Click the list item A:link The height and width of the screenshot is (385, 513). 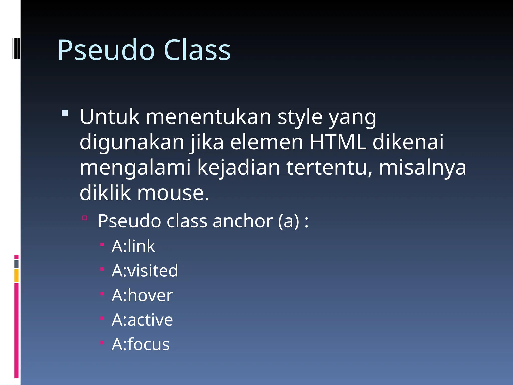tap(133, 246)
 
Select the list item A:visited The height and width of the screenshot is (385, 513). tap(145, 271)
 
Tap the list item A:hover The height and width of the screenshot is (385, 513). tap(142, 295)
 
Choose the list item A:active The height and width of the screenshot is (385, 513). tap(142, 320)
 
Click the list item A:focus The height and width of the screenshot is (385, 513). tap(141, 344)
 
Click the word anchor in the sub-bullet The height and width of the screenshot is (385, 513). tap(242, 221)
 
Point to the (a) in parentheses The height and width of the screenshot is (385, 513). tap(288, 221)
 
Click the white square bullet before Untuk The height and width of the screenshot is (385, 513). tap(65, 113)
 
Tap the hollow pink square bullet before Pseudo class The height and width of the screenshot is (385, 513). tap(85, 218)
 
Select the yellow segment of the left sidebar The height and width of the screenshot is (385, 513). tap(16, 275)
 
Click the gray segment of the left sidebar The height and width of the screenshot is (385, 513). tap(16, 264)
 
